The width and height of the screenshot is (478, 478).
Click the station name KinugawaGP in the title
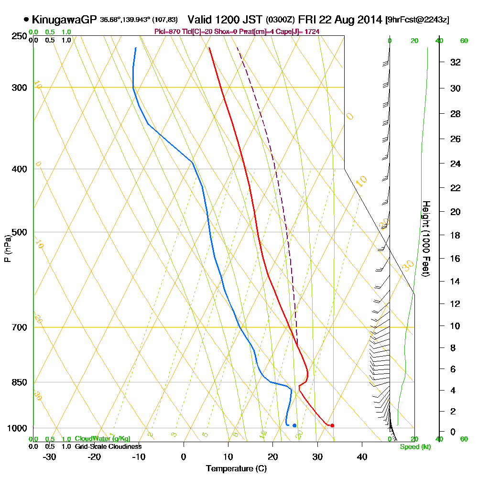click(x=65, y=20)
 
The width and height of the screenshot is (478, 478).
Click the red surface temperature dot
click(x=332, y=425)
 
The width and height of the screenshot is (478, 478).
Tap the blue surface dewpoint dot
click(x=294, y=425)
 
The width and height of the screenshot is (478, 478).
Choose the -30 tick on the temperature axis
click(x=50, y=456)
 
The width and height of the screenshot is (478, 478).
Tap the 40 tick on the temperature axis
click(x=362, y=456)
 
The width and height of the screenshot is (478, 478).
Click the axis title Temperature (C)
click(x=236, y=469)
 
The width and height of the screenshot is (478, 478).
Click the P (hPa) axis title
click(x=7, y=248)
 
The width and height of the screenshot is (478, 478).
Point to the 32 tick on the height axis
click(x=455, y=62)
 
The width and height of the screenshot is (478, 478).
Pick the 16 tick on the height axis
click(x=455, y=259)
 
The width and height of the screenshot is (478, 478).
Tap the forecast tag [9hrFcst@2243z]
click(x=417, y=20)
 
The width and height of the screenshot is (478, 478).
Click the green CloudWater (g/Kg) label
click(x=102, y=438)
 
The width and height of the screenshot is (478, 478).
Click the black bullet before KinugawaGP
click(x=26, y=20)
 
